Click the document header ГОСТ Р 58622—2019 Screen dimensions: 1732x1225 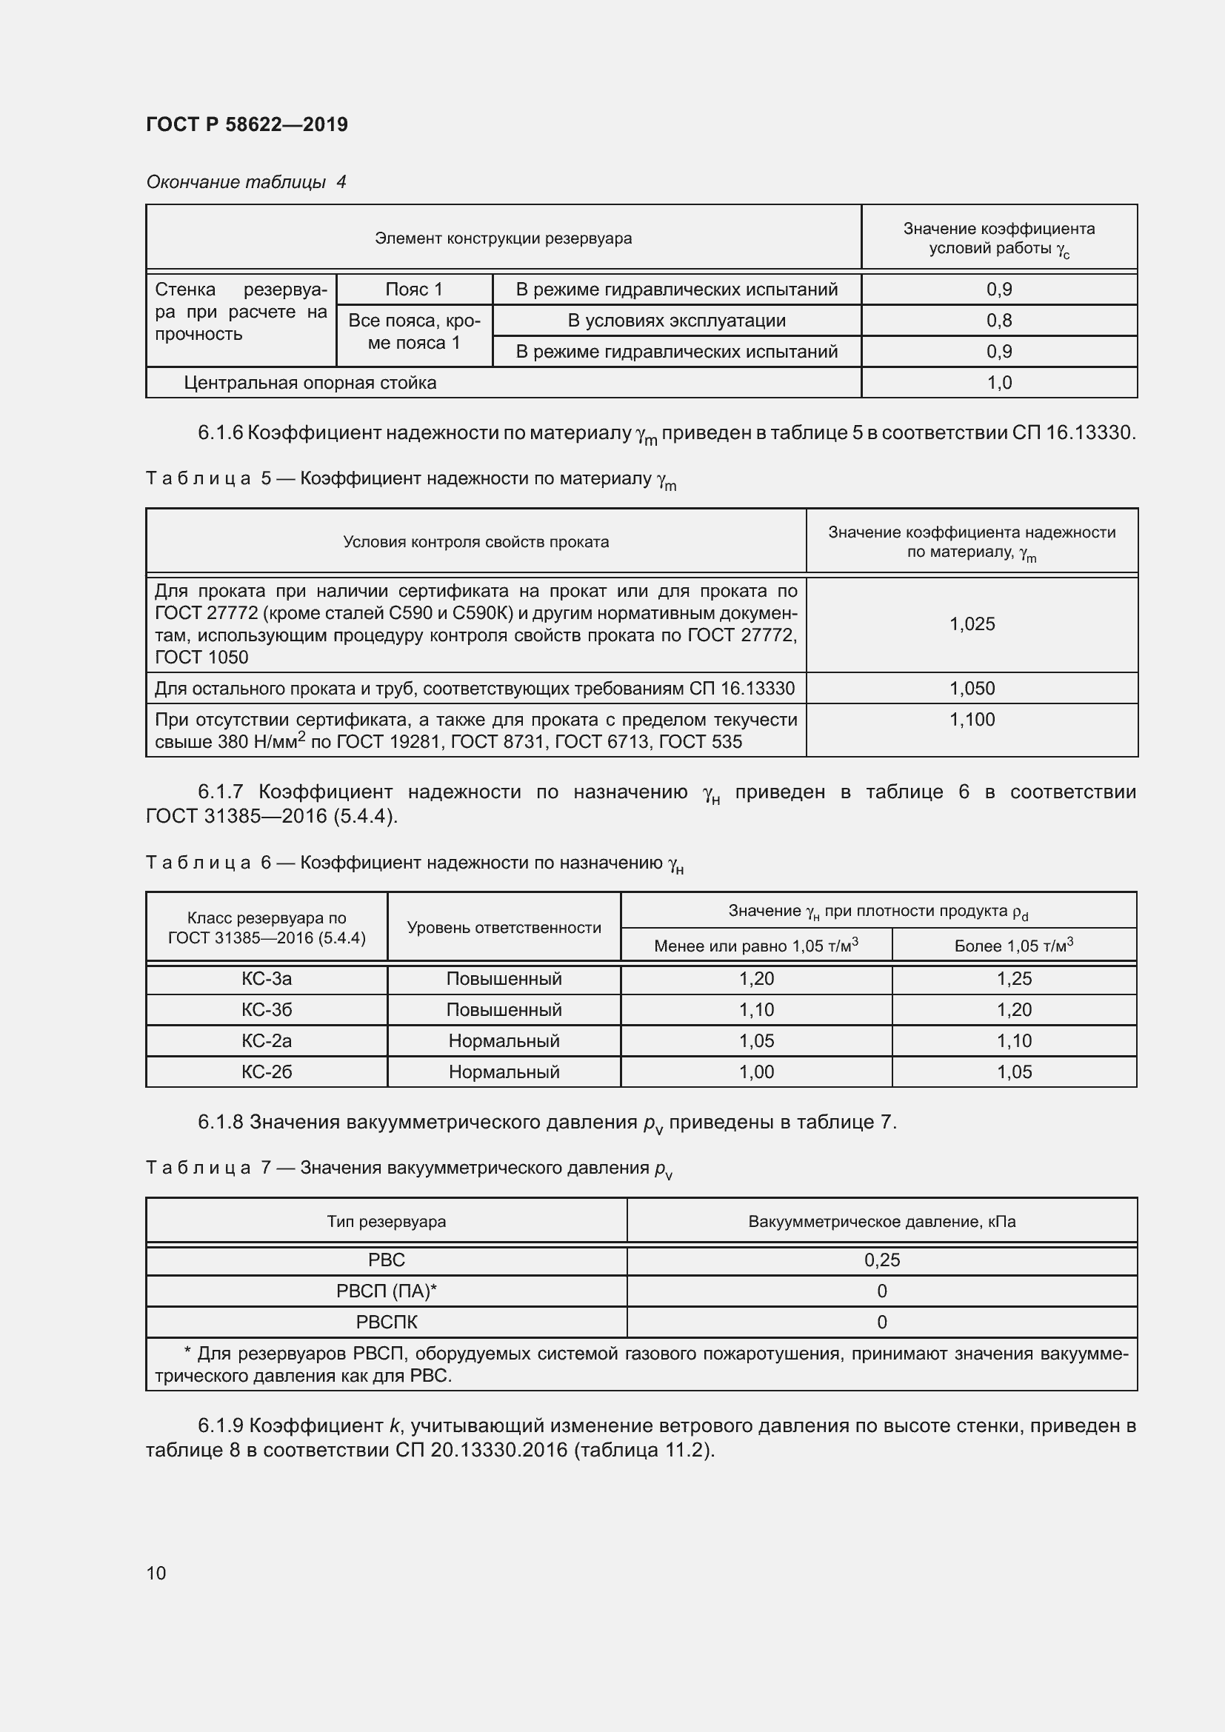coord(247,124)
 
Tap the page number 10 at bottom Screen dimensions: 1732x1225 coord(156,1573)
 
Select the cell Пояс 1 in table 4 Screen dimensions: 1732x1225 coord(413,290)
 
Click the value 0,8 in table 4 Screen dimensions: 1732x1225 coord(998,321)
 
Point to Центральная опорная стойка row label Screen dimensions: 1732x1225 coord(310,384)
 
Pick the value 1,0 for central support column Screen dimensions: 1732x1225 coord(998,384)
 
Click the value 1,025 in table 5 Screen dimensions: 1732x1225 coord(972,623)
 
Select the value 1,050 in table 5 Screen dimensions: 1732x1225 coord(972,688)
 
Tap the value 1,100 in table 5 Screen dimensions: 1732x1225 coord(972,720)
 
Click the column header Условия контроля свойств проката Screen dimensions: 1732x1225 coord(475,541)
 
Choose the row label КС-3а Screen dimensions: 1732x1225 coord(267,979)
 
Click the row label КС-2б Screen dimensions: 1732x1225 coord(267,1072)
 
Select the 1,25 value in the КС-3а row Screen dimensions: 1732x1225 coord(1014,979)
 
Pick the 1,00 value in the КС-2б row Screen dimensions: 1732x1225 coord(756,1072)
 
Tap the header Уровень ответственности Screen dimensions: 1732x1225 coord(503,928)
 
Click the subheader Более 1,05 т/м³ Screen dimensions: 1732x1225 coord(1013,946)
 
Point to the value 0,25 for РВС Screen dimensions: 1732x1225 coord(882,1260)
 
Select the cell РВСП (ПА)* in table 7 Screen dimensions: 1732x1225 coord(386,1291)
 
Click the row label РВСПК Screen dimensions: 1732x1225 coord(386,1323)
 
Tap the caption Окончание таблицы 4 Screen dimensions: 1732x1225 coord(246,182)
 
